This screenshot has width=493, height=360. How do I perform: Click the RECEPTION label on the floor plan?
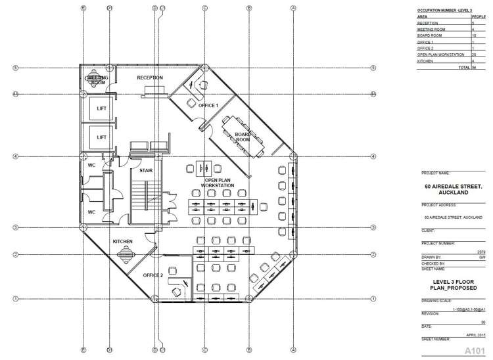coord(149,78)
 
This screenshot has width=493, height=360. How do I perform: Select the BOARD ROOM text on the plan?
coord(243,137)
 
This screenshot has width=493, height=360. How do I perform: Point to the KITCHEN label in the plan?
coord(123,242)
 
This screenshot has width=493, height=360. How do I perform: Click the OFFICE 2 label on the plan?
coord(153,276)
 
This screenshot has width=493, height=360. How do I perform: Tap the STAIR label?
coord(146,170)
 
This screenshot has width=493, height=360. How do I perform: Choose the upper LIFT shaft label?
coord(101,110)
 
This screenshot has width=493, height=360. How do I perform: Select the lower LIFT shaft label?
coord(101,137)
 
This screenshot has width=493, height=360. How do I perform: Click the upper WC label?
coord(92,166)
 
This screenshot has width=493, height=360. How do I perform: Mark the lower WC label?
coord(92,212)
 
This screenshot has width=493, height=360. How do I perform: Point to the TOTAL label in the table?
coord(464,67)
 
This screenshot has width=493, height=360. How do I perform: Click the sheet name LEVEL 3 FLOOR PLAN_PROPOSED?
coord(451,283)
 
